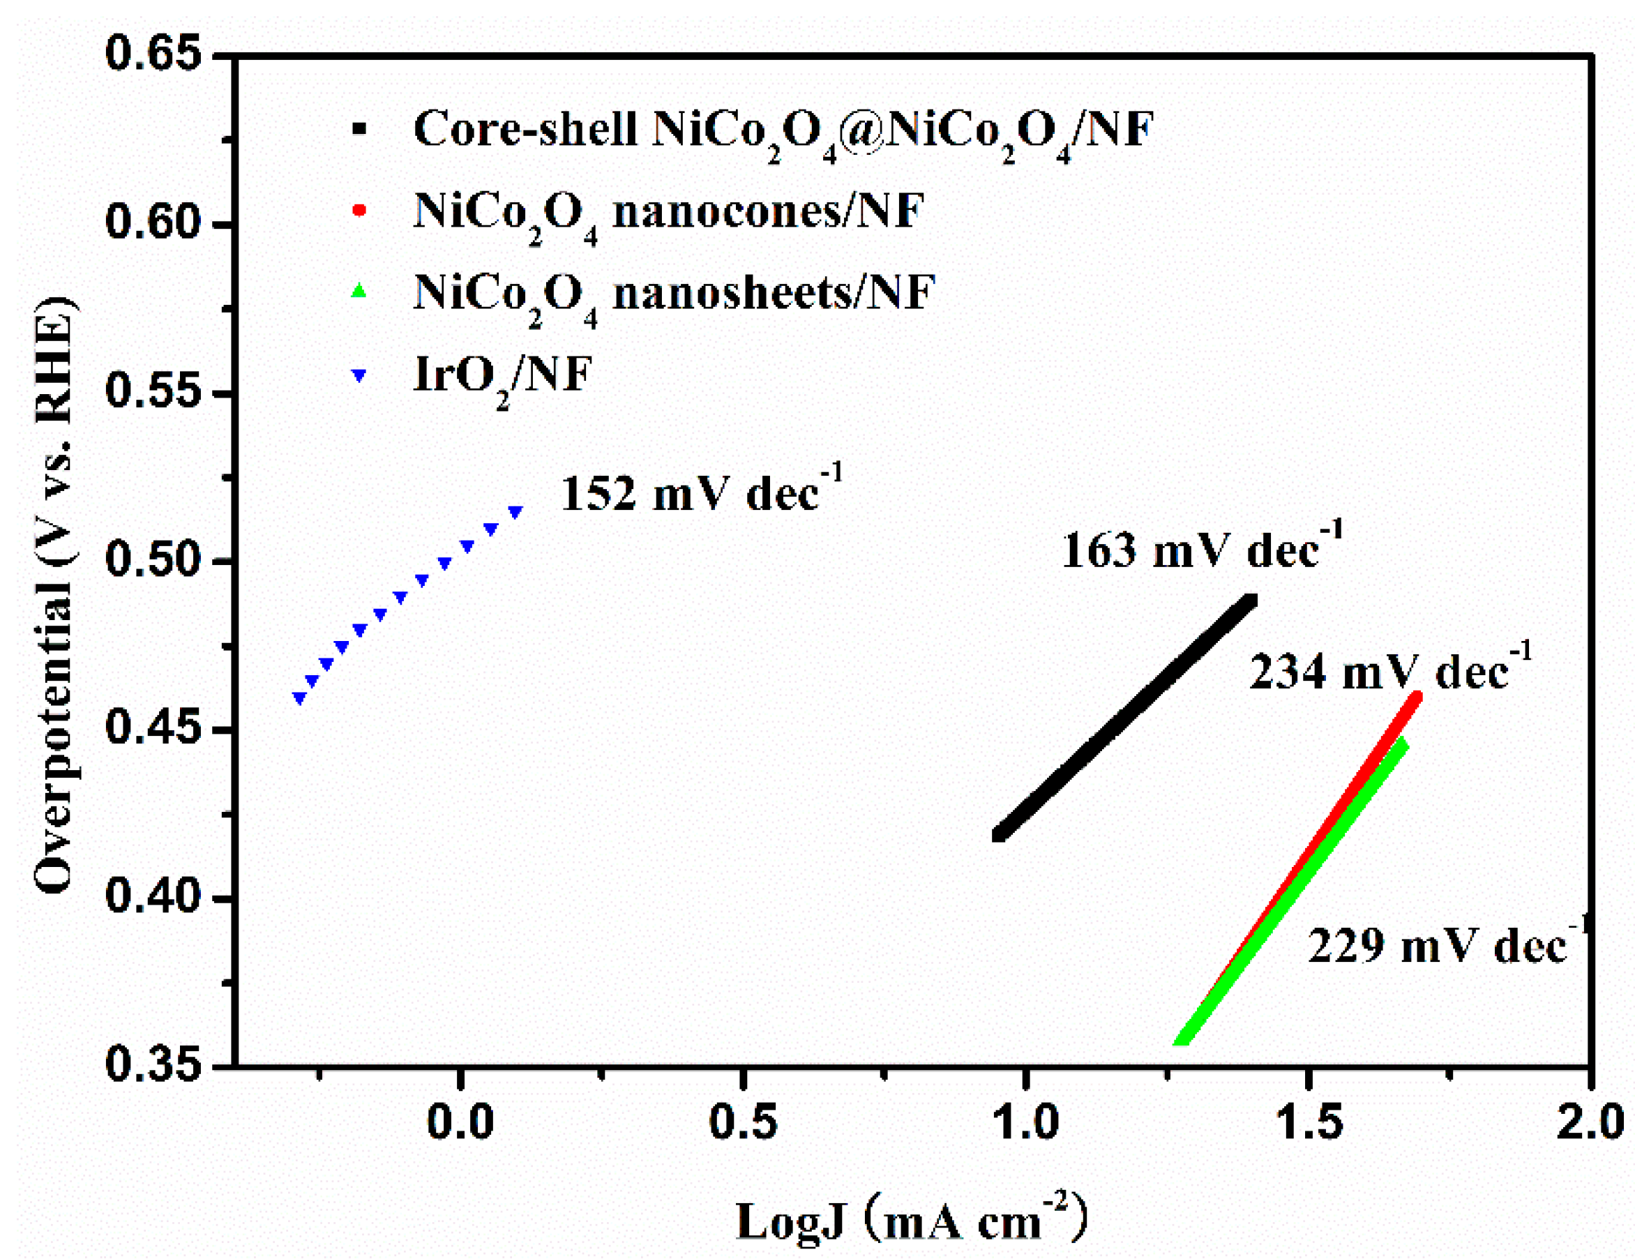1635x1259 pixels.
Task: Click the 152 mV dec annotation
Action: [701, 492]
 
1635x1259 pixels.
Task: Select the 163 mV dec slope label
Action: [1201, 550]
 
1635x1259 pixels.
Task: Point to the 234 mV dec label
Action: [1389, 670]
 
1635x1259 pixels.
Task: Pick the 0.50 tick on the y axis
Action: [154, 560]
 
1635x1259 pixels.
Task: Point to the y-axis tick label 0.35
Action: [154, 1064]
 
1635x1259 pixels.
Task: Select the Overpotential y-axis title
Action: [54, 595]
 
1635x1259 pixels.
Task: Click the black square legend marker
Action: [359, 129]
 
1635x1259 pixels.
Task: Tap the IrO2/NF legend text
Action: [502, 375]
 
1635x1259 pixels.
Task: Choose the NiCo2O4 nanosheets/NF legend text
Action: [674, 293]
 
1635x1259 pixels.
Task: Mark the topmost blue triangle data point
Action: [515, 512]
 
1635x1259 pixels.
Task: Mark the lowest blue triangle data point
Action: [299, 698]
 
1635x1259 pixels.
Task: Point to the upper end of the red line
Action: [1414, 698]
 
